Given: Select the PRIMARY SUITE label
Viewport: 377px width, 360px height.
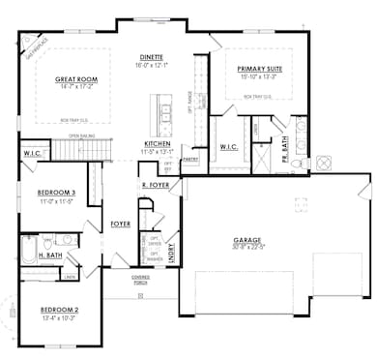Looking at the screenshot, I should pyautogui.click(x=258, y=69).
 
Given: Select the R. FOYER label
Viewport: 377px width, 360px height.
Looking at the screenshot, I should pyautogui.click(x=156, y=184).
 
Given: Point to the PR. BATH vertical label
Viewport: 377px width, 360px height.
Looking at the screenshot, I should pyautogui.click(x=285, y=145).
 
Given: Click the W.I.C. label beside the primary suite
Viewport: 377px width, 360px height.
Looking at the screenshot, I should pyautogui.click(x=229, y=147).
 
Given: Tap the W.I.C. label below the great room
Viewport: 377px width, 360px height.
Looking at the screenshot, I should pyautogui.click(x=31, y=154).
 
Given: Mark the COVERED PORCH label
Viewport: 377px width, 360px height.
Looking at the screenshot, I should pyautogui.click(x=141, y=280).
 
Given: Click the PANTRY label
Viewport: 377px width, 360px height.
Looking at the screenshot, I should pyautogui.click(x=189, y=157).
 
